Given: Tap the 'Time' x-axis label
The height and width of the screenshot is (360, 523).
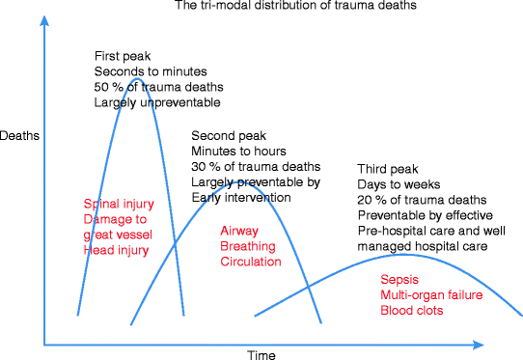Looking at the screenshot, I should (x=261, y=354).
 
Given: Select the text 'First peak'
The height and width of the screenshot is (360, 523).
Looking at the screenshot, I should (x=123, y=56).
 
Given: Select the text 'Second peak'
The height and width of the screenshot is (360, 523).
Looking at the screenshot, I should (x=227, y=135).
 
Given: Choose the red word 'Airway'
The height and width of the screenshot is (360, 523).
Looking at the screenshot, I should (x=238, y=231).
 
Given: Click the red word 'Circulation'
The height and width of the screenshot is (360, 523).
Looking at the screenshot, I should (x=250, y=262).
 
